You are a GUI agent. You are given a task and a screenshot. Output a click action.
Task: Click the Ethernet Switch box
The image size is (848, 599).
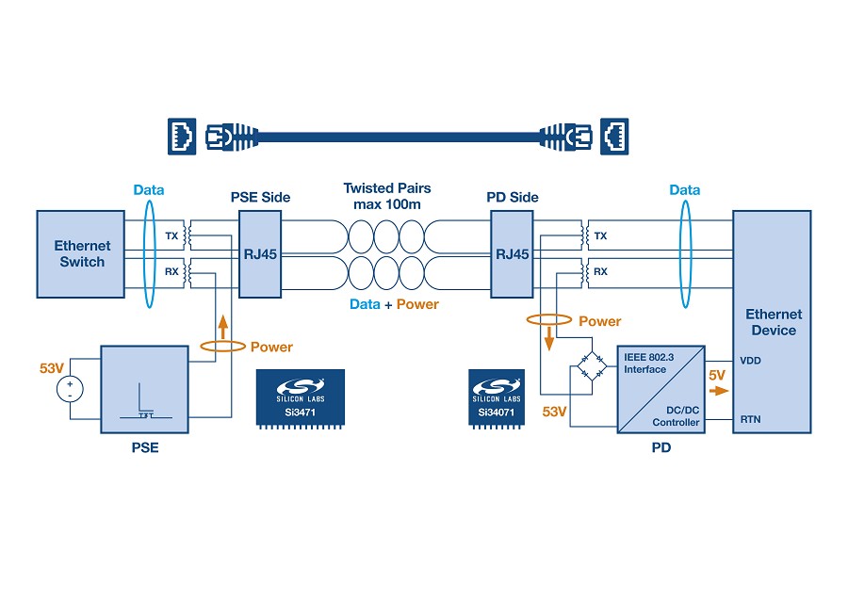click(x=81, y=254)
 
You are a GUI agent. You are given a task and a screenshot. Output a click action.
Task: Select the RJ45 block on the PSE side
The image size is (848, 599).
click(x=260, y=254)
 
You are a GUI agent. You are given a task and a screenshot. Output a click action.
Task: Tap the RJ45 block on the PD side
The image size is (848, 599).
click(x=512, y=254)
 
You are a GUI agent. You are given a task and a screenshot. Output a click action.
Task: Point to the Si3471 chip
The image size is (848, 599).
click(x=301, y=399)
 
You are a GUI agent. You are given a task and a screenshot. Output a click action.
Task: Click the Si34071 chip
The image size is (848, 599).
click(x=497, y=399)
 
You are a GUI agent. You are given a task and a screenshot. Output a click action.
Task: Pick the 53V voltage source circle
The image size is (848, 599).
click(x=70, y=389)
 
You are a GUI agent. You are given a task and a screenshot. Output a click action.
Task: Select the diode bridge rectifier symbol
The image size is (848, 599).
click(x=593, y=366)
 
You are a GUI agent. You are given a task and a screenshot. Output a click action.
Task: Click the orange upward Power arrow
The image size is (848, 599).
click(x=222, y=328)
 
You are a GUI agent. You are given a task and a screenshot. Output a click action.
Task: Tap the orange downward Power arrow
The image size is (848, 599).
click(x=549, y=338)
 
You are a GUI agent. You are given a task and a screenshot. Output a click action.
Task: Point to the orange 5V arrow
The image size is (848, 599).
click(x=719, y=390)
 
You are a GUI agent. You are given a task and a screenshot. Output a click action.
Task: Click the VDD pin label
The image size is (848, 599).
click(x=750, y=361)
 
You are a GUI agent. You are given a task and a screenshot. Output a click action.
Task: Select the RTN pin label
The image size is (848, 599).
click(x=750, y=419)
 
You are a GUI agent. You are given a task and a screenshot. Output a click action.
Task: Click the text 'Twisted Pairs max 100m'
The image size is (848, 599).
click(x=387, y=196)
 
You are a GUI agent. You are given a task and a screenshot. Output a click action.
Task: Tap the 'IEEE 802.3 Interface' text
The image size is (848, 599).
click(x=648, y=364)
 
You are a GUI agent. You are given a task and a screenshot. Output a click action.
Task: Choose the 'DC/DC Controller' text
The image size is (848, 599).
click(x=676, y=416)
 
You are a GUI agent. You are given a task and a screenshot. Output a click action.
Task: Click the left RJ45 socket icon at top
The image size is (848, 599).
click(x=182, y=137)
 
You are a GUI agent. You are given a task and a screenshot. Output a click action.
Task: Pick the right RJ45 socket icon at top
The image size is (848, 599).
click(x=614, y=137)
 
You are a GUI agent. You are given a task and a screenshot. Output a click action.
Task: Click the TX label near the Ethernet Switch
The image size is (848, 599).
click(x=171, y=235)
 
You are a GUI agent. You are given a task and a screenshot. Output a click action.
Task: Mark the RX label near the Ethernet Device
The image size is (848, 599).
click(x=600, y=271)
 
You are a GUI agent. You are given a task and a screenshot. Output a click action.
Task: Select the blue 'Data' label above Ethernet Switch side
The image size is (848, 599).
click(x=149, y=189)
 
